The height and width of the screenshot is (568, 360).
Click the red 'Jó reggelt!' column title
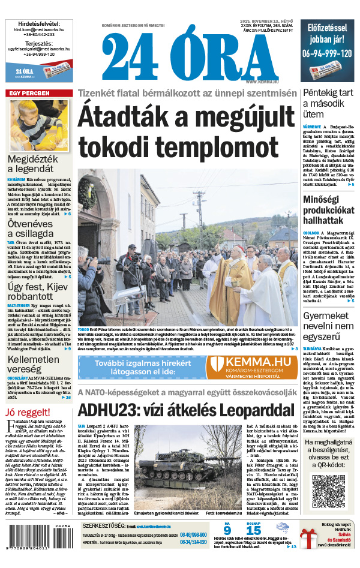25,411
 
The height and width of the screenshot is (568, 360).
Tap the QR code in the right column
329,490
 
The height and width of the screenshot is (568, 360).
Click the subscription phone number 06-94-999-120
328,53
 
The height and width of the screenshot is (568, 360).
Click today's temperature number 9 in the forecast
227,530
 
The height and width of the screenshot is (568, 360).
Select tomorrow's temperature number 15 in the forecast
253,530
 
